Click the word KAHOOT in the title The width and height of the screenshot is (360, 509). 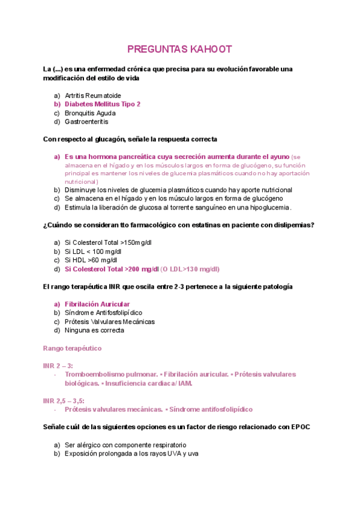(206, 49)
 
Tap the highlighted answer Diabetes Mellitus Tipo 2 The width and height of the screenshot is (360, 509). (103, 104)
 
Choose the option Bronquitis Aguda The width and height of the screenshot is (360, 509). (91, 113)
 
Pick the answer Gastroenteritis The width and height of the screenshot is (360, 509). (86, 121)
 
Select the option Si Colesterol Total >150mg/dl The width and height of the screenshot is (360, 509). (101, 243)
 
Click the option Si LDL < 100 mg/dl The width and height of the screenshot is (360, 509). (92, 251)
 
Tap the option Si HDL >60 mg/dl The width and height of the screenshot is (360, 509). (91, 261)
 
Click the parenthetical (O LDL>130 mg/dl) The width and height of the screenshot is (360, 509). (190, 269)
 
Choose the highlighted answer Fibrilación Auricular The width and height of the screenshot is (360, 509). (97, 304)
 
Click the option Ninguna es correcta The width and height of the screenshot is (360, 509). (94, 330)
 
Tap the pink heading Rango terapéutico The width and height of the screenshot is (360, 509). (72, 348)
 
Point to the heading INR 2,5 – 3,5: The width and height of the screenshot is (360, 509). (64, 400)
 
